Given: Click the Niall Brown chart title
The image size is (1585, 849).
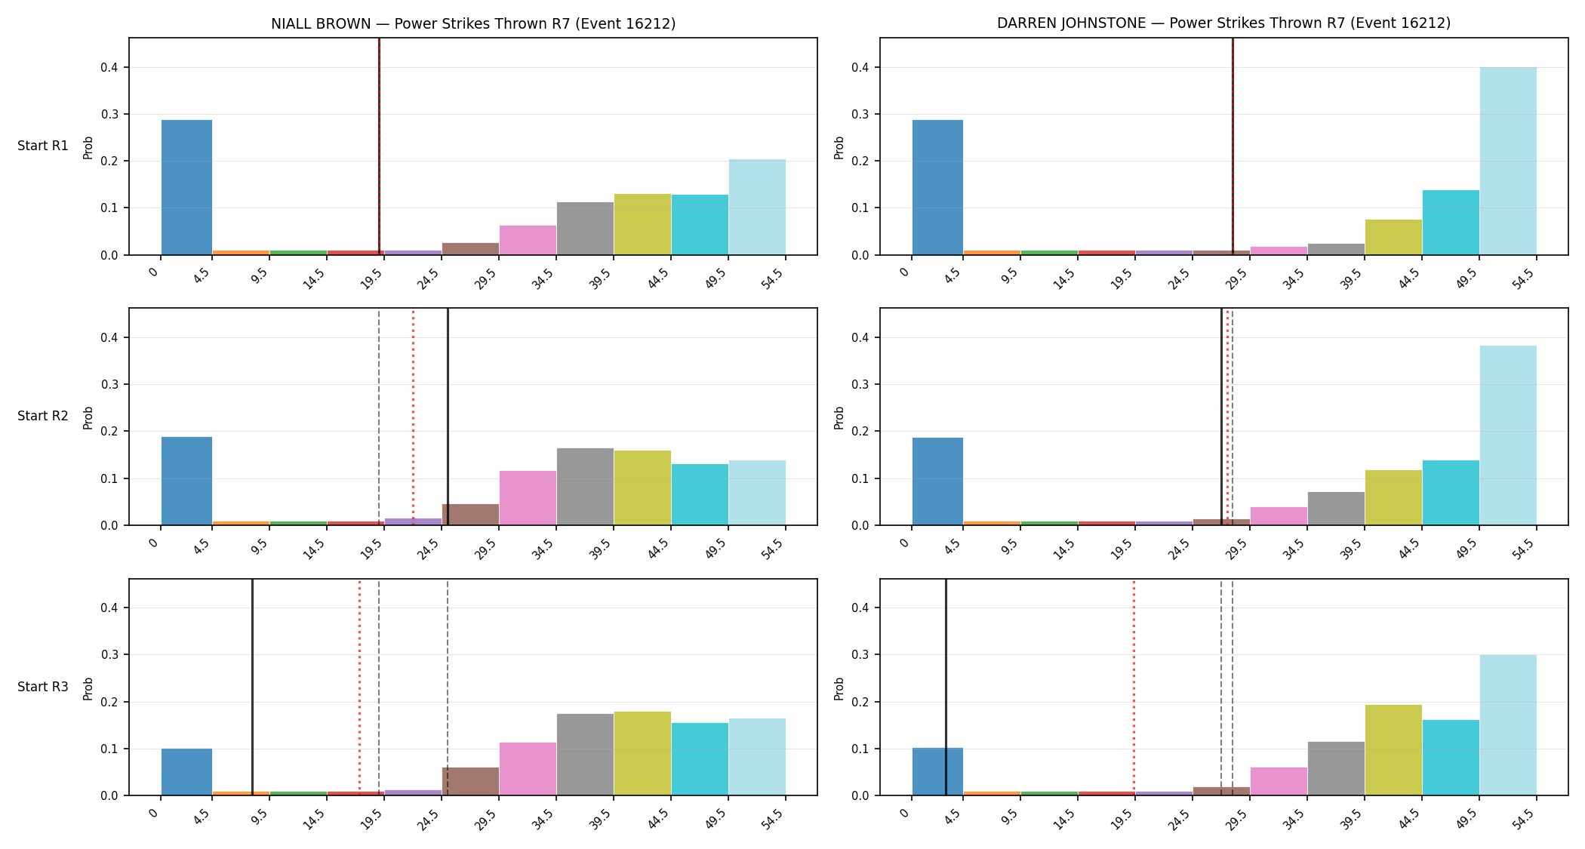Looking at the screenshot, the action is [x=473, y=23].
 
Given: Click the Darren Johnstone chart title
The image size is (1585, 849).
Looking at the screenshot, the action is [x=1223, y=23].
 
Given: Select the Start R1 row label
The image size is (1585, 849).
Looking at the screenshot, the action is [x=43, y=146].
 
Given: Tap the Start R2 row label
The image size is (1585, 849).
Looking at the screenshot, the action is [x=43, y=416].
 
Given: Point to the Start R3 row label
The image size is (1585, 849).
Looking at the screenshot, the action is [x=43, y=687].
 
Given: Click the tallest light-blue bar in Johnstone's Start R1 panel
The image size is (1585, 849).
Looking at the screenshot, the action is [x=1508, y=161].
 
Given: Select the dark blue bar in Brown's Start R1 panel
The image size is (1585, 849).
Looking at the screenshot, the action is [x=186, y=187].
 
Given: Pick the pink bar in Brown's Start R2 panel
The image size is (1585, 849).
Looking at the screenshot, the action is [x=528, y=498].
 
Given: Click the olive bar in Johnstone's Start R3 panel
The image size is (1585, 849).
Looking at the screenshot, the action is [x=1393, y=750].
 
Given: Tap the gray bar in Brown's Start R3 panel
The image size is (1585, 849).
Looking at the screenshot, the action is [x=585, y=755].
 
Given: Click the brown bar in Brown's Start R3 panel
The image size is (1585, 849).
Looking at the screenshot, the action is [x=470, y=781].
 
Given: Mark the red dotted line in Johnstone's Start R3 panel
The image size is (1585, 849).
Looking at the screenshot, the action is [x=1134, y=687].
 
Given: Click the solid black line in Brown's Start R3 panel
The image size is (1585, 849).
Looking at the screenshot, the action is [x=252, y=687].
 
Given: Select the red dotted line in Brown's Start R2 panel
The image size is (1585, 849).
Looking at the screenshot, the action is [x=413, y=417].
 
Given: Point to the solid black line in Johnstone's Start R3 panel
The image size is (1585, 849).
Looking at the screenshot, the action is [x=946, y=687].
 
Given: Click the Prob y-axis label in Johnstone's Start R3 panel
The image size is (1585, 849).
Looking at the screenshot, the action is [x=839, y=688].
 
